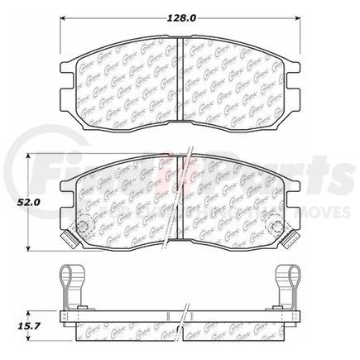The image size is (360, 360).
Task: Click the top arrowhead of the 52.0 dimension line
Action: (x=31, y=155)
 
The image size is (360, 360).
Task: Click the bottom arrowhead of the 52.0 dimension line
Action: (x=31, y=251)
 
